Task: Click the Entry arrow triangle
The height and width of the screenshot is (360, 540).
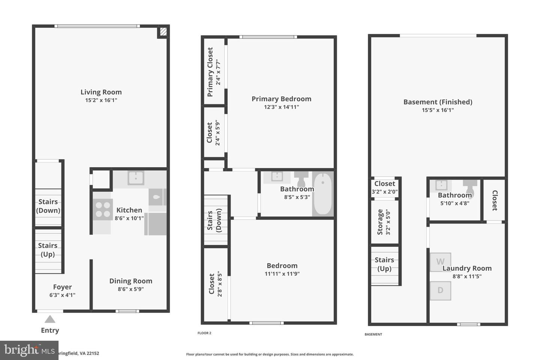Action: coord(50,319)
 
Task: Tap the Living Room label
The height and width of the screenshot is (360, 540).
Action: coord(101,92)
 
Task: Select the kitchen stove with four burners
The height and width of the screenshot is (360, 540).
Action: coord(102,210)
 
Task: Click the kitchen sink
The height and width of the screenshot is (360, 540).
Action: coord(136,178)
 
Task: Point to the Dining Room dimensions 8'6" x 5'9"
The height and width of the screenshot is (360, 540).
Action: coord(130,289)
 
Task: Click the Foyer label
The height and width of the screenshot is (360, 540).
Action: coord(62,287)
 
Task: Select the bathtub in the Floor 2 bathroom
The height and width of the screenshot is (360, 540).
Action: coord(322,194)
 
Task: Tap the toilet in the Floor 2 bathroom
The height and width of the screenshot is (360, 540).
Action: coord(301,178)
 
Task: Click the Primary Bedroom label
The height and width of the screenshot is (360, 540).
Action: coord(281,99)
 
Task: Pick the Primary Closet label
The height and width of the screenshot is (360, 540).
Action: coord(210,72)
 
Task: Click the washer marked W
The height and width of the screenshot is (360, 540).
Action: coord(440,262)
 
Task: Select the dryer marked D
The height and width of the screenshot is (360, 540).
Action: coord(440,290)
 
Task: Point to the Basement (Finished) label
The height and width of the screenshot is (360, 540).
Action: coord(438,102)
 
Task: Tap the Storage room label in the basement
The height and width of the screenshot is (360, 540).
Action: coord(380,222)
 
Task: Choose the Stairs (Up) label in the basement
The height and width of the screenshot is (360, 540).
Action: coord(384,264)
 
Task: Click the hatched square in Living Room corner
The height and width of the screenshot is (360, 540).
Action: coord(163,32)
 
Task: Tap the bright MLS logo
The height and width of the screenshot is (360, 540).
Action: coord(29,350)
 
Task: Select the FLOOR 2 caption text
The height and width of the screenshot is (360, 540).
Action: coord(204,333)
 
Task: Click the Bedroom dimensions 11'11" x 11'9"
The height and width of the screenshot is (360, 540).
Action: coord(282,274)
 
